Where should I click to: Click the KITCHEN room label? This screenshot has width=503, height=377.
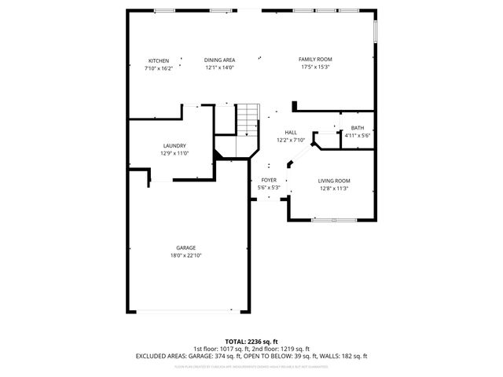point(159,60)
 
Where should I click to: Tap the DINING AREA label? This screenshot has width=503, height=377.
point(220,60)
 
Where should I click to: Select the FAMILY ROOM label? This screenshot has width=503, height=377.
point(314,60)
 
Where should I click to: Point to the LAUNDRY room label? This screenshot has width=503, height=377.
point(174,146)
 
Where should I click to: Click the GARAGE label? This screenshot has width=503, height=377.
point(186,248)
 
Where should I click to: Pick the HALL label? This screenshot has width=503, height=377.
point(291,132)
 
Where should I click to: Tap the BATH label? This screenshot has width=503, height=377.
point(358,128)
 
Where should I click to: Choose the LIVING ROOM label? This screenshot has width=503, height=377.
point(334,181)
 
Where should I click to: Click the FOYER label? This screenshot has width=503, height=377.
point(269,181)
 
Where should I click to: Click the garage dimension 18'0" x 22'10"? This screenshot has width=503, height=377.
point(186,256)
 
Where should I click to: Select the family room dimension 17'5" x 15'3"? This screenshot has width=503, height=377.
point(314,68)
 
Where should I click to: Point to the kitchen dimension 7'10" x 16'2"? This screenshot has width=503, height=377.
point(159,68)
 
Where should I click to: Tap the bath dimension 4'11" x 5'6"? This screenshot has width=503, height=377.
point(358,136)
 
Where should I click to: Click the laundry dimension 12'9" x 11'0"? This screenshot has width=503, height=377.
point(174,154)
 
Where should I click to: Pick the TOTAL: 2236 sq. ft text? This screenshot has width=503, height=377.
point(251,342)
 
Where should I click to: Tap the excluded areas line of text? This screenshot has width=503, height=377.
point(251,356)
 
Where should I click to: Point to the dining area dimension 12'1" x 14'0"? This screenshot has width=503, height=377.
point(220,68)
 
